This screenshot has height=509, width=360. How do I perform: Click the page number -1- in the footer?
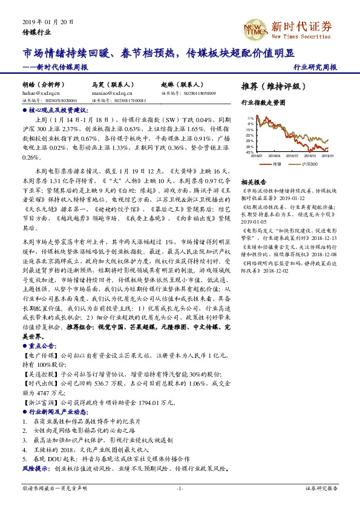pos(180,488)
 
